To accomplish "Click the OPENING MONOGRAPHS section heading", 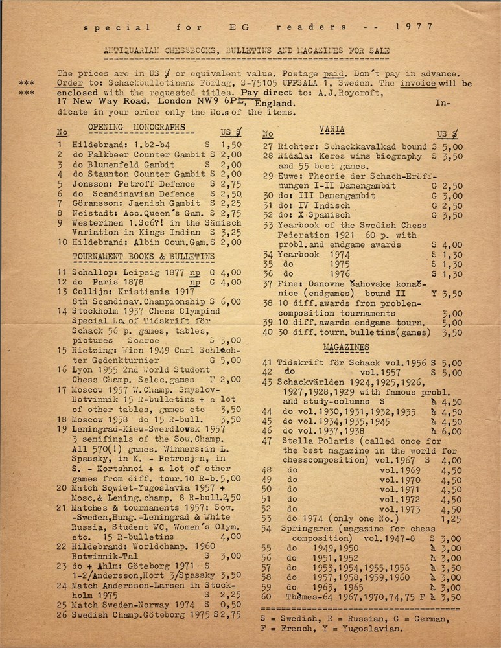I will (127, 127).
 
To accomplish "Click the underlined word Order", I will (69, 84).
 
